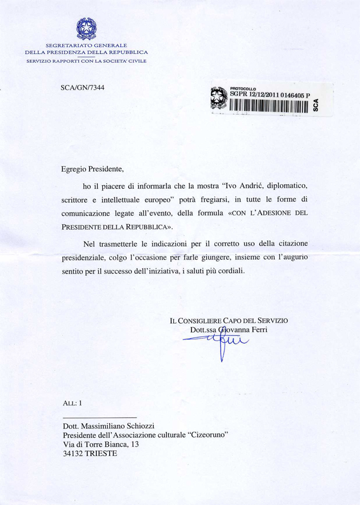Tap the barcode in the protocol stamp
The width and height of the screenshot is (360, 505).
pos(269,106)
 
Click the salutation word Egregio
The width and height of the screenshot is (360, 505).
pos(76,169)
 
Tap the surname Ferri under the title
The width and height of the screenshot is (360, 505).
pos(257,330)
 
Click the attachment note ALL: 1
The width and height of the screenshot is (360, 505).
pos(73,402)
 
